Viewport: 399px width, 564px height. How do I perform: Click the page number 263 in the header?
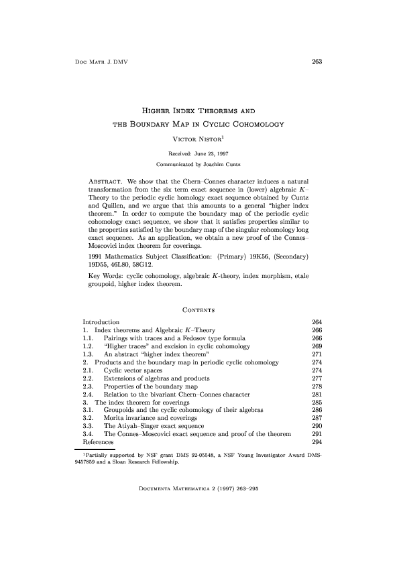(x=317, y=62)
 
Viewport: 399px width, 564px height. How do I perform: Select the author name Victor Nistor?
(x=198, y=139)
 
